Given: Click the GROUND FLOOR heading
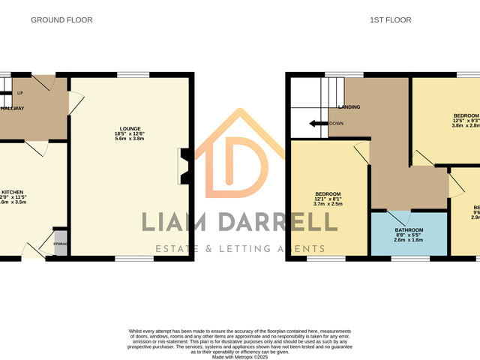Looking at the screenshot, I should point(61,20).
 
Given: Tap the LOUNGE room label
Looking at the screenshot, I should point(129,128).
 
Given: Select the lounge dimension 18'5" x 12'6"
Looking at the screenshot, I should point(129,133).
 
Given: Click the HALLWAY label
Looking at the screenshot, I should point(12,108).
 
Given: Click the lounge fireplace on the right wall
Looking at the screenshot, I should point(183,164).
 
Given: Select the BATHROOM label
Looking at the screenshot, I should point(409,229).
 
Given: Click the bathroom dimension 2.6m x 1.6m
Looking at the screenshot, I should point(409,240).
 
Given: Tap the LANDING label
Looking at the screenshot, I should point(349,107).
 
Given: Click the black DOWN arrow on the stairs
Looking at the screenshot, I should point(318,124).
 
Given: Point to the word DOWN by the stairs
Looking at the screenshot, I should point(336,124).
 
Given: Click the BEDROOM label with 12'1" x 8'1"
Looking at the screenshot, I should point(328,193).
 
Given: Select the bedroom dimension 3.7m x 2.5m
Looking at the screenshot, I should point(328,203).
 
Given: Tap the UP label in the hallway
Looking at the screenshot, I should point(19,93).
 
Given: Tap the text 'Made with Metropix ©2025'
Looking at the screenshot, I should point(240,357).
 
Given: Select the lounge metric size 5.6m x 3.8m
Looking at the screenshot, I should point(129,139).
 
